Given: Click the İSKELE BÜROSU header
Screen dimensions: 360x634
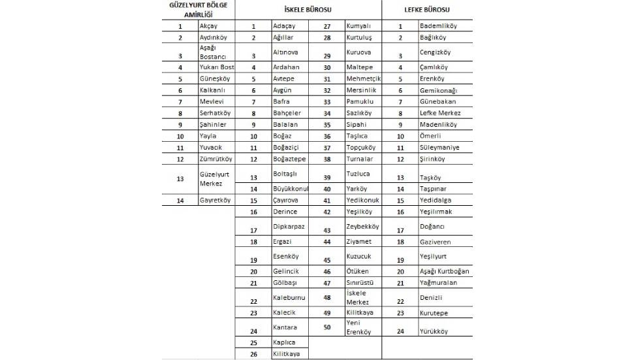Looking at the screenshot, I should click(308, 10).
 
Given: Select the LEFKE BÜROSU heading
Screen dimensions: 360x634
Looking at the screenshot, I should click(427, 10).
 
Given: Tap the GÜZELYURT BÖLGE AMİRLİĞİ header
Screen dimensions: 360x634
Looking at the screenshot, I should click(198, 9).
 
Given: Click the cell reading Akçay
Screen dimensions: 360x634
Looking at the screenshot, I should click(208, 26).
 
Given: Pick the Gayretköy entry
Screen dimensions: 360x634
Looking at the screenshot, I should click(215, 201).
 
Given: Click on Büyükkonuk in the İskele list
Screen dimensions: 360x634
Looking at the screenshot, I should click(290, 189).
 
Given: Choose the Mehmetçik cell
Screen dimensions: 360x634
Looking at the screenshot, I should click(363, 78).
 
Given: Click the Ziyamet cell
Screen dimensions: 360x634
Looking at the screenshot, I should click(358, 242).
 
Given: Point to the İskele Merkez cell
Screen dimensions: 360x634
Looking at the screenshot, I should click(358, 297).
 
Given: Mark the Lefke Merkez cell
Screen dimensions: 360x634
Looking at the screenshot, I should click(439, 113).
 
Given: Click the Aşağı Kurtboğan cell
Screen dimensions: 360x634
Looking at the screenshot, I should click(445, 271).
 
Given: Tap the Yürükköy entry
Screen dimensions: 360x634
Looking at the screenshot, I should click(434, 331).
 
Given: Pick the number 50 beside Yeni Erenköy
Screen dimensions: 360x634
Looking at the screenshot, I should click(327, 327).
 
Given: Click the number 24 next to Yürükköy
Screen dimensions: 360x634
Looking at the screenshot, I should click(400, 331).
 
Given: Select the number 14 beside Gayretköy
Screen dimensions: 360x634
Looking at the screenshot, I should click(180, 201).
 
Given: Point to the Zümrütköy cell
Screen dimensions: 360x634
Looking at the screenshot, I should click(215, 159).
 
